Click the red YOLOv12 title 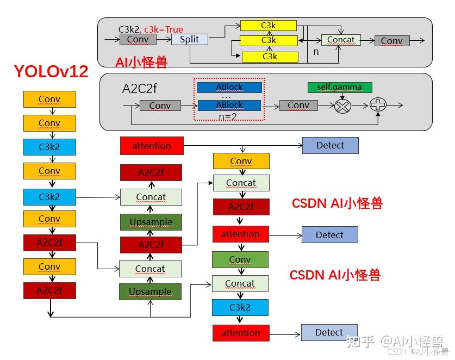pos(51,71)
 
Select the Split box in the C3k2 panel pos(189,40)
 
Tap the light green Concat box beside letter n pos(341,40)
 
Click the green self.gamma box pos(340,88)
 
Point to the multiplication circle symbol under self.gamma pos(342,106)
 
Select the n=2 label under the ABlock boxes pos(228,116)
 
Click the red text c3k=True pos(163,29)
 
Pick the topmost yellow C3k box pos(269,26)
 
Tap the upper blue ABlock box pos(229,88)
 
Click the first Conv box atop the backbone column pos(49,100)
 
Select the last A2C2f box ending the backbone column pos(49,290)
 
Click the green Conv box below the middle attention pos(240,260)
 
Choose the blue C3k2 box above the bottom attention pos(240,307)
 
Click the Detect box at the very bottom pos(329,332)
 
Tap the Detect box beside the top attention pos(330,145)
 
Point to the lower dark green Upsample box pos(150,292)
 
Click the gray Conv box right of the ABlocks pos(298,105)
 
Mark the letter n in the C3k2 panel pos(316,53)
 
